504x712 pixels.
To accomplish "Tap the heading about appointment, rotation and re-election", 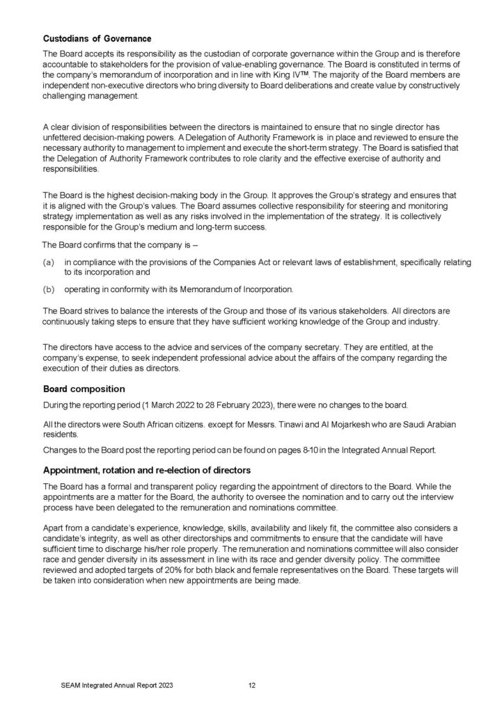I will click(147, 470).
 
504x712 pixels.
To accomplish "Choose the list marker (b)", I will click(49, 289).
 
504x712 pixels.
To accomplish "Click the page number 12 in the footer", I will click(253, 685).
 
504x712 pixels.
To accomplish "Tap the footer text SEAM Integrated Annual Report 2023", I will click(117, 685).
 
